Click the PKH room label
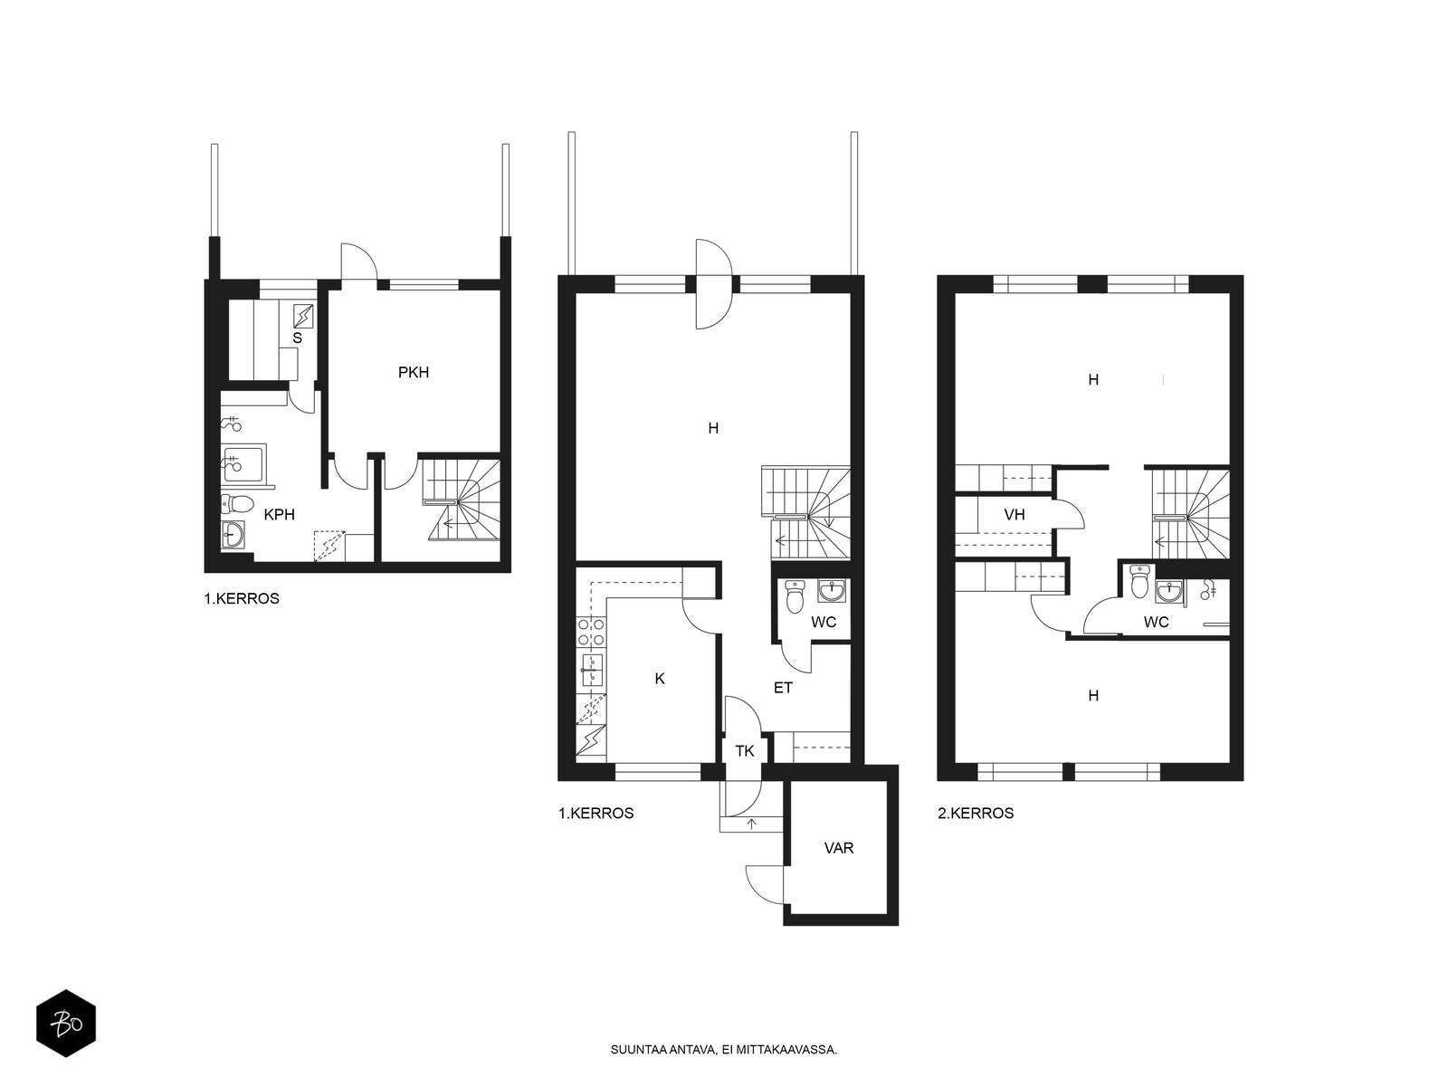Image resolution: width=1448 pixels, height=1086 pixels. [x=414, y=373]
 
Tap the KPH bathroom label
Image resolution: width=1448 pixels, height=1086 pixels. [x=279, y=515]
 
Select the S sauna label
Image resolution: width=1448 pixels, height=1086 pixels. [x=298, y=338]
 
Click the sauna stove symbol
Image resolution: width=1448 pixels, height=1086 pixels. [x=303, y=317]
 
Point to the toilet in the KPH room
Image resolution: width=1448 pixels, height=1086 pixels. [x=237, y=504]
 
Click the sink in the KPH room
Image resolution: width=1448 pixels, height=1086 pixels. [x=233, y=534]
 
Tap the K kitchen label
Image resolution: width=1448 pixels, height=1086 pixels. [x=660, y=679]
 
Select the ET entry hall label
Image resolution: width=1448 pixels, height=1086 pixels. [x=783, y=689]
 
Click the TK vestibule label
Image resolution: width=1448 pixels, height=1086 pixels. [x=745, y=751]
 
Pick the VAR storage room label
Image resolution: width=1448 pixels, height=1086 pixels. [x=839, y=848]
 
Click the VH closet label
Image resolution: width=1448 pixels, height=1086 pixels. [x=1015, y=514]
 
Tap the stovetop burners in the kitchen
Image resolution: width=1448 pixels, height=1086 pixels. [x=591, y=632]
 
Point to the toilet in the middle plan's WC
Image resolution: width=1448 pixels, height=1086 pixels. [x=795, y=595]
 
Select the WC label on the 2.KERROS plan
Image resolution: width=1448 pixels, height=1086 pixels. [x=1157, y=622]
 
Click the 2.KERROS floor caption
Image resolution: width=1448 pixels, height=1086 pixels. [x=976, y=813]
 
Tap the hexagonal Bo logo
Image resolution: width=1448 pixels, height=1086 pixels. [x=66, y=1023]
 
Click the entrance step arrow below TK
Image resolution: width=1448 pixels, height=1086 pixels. [x=751, y=823]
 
